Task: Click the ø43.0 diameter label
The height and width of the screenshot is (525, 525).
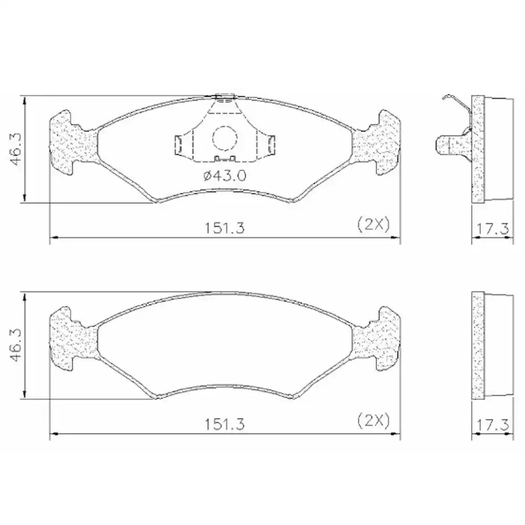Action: click(x=225, y=175)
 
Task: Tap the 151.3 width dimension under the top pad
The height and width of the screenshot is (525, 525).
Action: click(x=225, y=228)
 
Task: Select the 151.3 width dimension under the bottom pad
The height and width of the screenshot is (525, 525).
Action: click(x=225, y=424)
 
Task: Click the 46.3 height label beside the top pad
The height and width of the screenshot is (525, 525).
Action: click(x=15, y=149)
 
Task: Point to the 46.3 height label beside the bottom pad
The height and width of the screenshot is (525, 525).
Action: click(x=15, y=345)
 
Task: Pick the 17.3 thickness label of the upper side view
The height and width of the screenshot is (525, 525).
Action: click(x=492, y=229)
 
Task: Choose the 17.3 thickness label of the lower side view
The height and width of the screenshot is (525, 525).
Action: click(x=492, y=425)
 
